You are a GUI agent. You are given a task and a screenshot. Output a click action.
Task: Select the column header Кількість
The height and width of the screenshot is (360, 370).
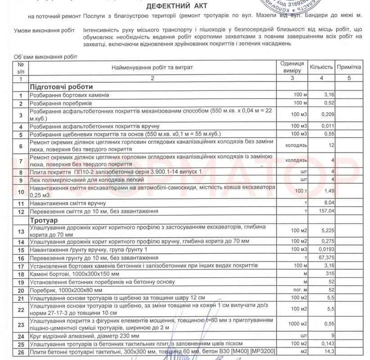point(320,67)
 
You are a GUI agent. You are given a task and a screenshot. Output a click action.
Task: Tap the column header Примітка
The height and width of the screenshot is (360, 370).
point(349,67)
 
